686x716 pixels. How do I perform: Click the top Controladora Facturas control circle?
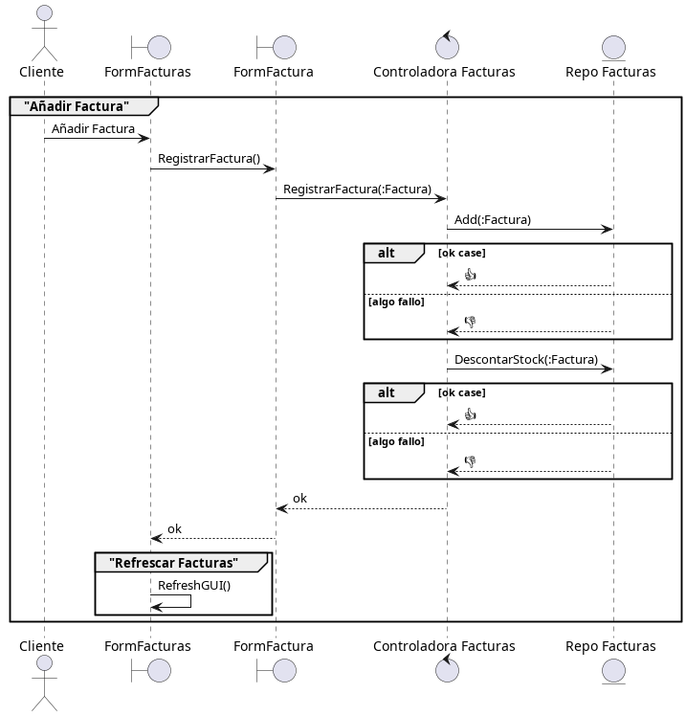(446, 46)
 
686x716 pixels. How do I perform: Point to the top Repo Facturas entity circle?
(613, 47)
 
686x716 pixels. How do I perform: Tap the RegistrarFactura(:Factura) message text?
(357, 189)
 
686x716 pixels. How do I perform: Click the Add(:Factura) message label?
(492, 219)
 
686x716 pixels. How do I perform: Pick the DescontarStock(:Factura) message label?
(525, 360)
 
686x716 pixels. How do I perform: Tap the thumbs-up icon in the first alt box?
(470, 275)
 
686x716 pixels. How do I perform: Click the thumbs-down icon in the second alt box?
(470, 460)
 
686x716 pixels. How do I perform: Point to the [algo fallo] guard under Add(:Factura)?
(396, 302)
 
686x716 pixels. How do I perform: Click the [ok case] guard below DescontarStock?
(461, 392)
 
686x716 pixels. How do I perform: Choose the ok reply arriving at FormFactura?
(299, 498)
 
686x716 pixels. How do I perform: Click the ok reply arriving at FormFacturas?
(174, 528)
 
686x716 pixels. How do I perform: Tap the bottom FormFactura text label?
(274, 646)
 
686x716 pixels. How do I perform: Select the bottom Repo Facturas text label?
(610, 646)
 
